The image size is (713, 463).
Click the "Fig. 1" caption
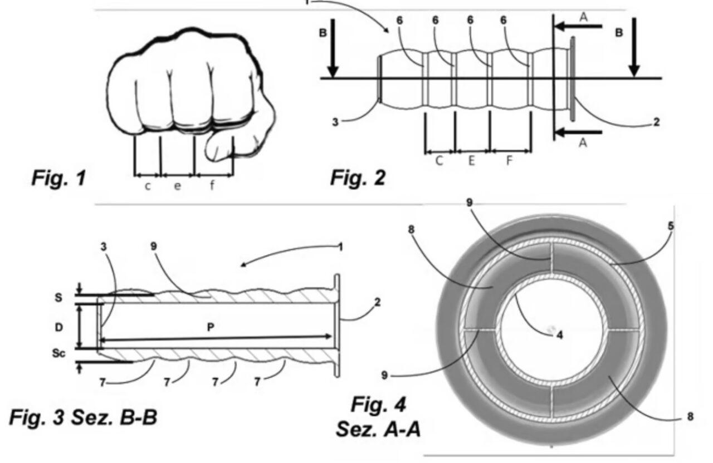click(59, 178)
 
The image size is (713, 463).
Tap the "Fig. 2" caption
click(358, 178)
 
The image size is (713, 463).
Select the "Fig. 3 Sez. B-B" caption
click(84, 417)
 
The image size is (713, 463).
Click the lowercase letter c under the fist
click(148, 186)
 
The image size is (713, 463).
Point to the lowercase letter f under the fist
click(212, 185)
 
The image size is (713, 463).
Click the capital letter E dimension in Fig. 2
click(471, 161)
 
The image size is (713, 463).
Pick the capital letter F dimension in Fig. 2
click(509, 161)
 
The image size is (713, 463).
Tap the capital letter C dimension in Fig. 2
click(439, 161)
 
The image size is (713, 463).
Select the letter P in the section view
click(211, 327)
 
